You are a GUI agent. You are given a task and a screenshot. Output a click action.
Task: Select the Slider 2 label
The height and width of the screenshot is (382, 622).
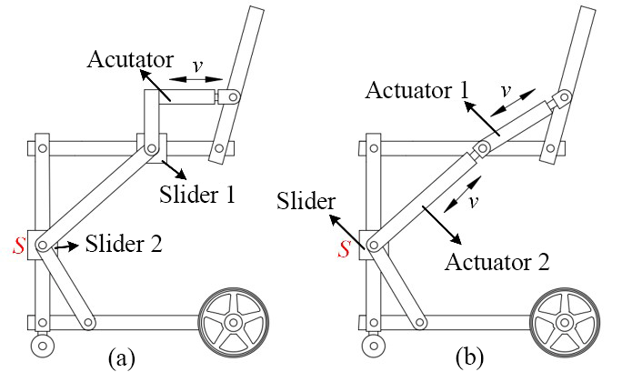click(x=125, y=244)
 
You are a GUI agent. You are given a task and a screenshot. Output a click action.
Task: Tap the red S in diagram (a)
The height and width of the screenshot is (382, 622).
click(x=17, y=243)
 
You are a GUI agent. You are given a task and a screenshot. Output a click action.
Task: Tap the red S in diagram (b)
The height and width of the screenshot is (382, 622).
click(x=345, y=246)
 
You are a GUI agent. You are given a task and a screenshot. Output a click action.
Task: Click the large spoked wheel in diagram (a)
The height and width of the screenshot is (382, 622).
click(x=233, y=322)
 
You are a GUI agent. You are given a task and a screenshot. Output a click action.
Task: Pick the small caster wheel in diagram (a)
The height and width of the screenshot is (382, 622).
click(x=41, y=346)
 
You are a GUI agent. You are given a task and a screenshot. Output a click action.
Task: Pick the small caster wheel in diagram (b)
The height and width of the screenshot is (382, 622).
click(x=373, y=346)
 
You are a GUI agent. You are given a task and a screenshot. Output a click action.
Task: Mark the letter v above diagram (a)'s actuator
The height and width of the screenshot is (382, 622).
click(x=196, y=66)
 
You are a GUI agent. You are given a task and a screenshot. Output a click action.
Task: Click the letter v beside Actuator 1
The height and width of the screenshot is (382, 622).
click(x=507, y=92)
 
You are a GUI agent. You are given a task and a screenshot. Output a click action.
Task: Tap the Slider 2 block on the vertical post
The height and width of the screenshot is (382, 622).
click(x=42, y=244)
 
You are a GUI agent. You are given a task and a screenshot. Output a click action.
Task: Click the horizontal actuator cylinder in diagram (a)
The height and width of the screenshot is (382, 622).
click(x=187, y=95)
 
